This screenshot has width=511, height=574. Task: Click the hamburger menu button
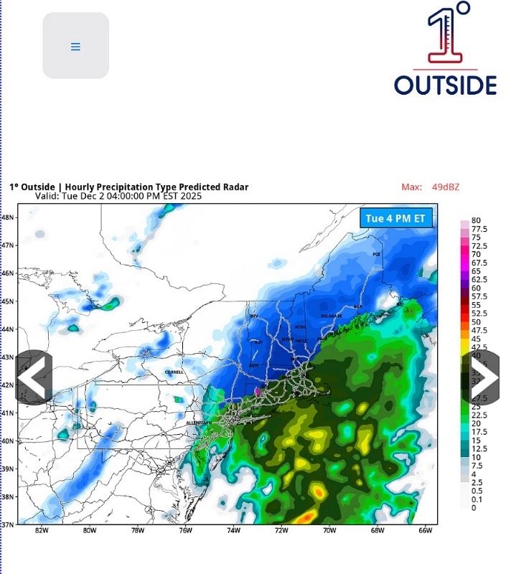coord(75,46)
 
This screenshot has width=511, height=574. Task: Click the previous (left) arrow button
coord(34,377)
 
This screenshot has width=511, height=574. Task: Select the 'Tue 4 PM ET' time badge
coord(395,218)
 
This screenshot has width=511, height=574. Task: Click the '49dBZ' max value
coord(445,187)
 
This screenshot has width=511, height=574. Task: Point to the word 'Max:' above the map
coord(411,187)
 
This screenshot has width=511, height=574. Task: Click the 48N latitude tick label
coord(7,217)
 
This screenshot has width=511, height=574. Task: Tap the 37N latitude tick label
coord(7,524)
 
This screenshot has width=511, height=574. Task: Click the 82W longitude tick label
coord(41,531)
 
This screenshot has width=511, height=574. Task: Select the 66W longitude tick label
coord(425,531)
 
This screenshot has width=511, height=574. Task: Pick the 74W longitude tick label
coord(233,531)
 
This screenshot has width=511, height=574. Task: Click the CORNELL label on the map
coord(174,372)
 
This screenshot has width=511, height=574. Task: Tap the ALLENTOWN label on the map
coord(199,423)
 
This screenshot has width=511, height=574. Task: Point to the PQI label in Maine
coord(376,254)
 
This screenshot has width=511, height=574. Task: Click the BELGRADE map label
coord(331,316)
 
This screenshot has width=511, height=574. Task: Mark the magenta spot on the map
coord(258,392)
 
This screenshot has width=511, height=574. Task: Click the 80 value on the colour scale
coord(476,221)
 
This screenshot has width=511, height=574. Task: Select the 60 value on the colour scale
coord(476,288)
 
